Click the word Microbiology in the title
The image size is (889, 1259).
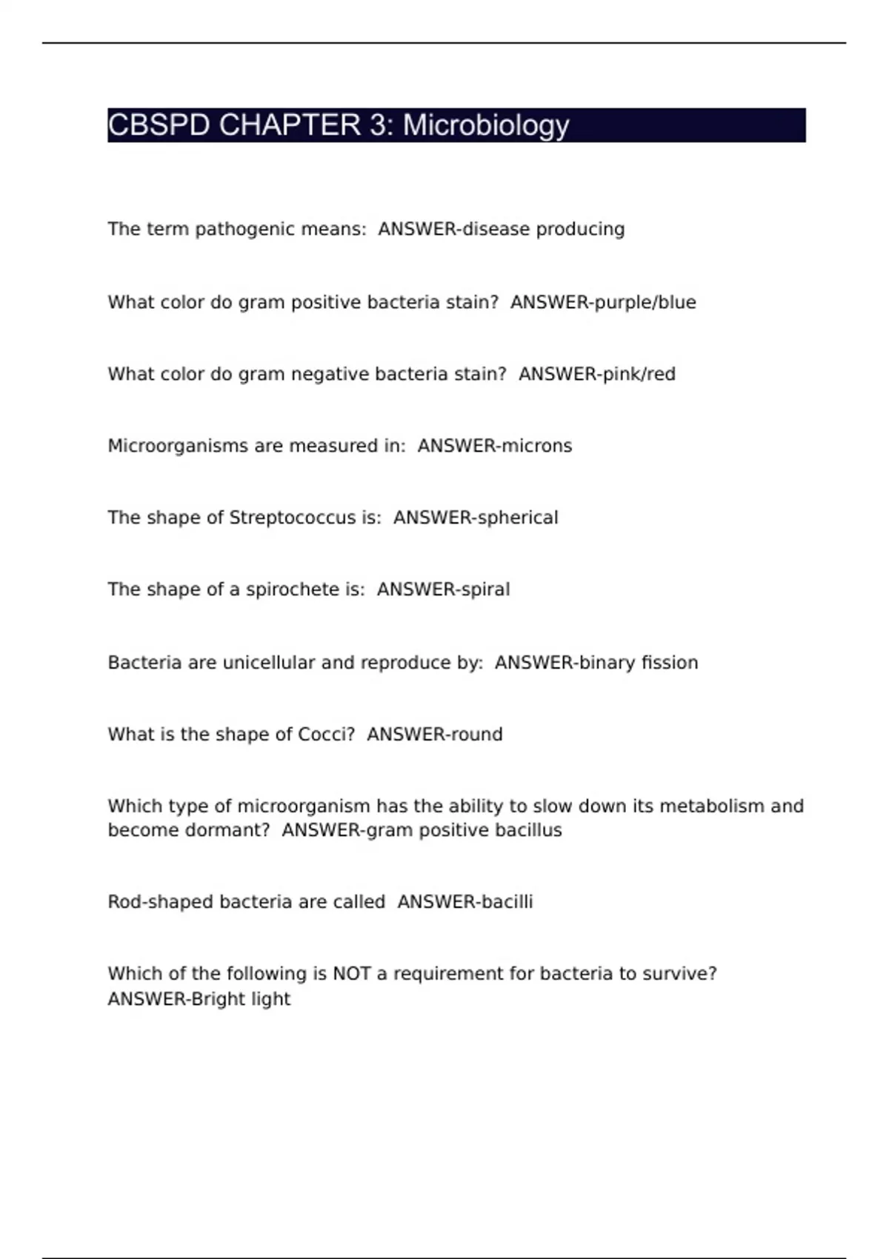(486, 125)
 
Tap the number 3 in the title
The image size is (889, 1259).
(380, 125)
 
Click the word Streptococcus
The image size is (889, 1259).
(292, 518)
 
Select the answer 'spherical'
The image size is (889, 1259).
(517, 518)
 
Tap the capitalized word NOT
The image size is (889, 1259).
(352, 974)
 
